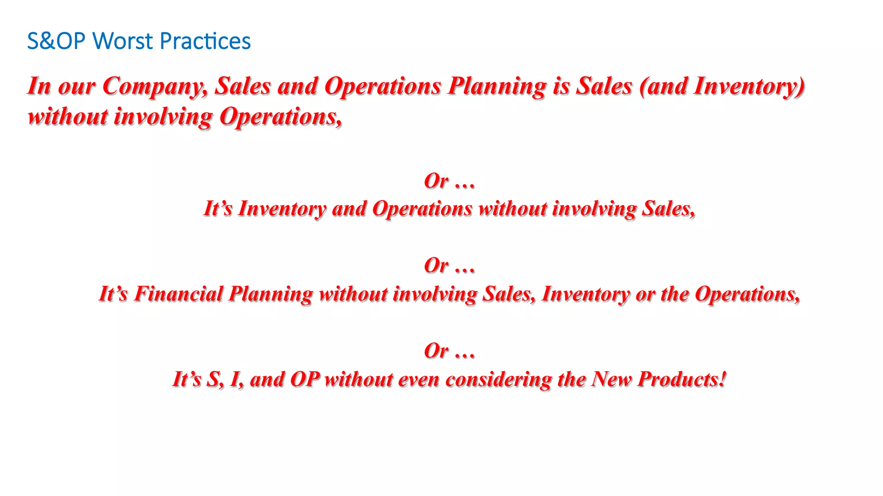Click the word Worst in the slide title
[123, 41]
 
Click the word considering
[498, 379]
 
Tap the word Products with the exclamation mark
[681, 379]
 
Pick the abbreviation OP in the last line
[304, 379]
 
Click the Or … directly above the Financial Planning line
[449, 266]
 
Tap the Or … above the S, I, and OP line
[449, 351]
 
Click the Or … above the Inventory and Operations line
[449, 181]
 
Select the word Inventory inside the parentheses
[748, 87]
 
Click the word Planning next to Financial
[270, 294]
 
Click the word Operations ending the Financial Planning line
[747, 294]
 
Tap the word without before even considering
[359, 379]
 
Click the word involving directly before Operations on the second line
[163, 117]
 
